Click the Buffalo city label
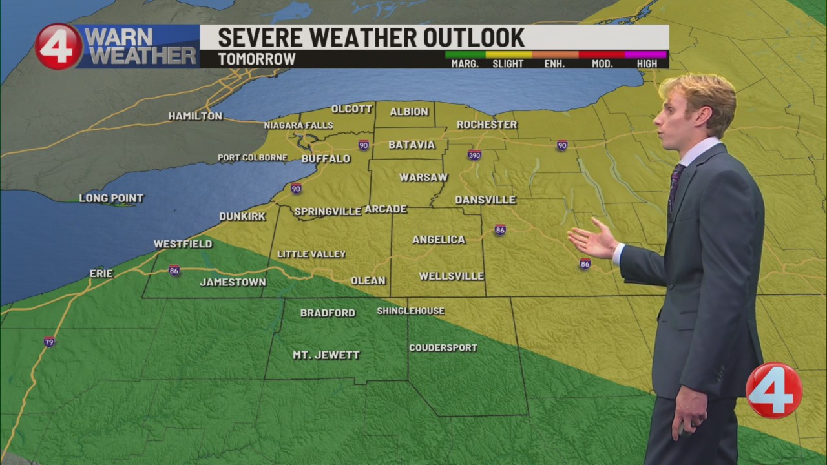[x=326, y=158]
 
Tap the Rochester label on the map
[x=487, y=124]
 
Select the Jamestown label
[x=233, y=282]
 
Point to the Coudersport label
[x=443, y=347]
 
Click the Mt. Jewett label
[x=326, y=355]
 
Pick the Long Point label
[x=111, y=198]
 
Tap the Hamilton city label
[x=195, y=116]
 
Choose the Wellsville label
[x=451, y=276]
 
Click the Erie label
[x=101, y=274]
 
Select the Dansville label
[x=485, y=200]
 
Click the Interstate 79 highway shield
[x=49, y=341]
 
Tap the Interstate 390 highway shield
[x=475, y=155]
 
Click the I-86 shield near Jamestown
[x=174, y=271]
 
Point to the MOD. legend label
[x=600, y=63]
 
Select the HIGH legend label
[x=646, y=63]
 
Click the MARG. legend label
[x=465, y=63]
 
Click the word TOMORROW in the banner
[x=256, y=59]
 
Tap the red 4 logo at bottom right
[x=773, y=390]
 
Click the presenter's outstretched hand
[x=591, y=240]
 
